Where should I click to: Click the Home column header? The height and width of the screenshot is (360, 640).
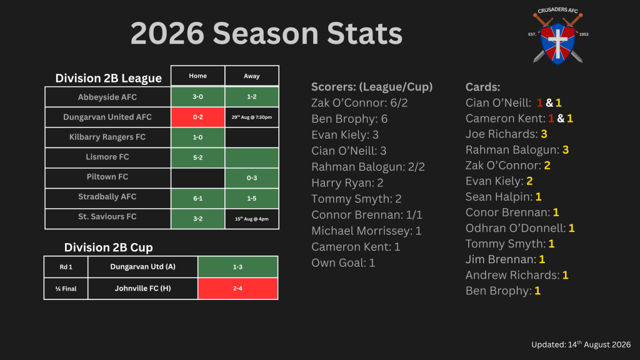pyautogui.click(x=198, y=76)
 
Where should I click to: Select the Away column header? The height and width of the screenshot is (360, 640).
pyautogui.click(x=252, y=76)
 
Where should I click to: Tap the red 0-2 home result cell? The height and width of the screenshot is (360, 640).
pyautogui.click(x=198, y=117)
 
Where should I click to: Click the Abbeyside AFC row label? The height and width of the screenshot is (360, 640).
pyautogui.click(x=107, y=97)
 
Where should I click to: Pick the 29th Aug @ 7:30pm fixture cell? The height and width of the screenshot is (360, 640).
pyautogui.click(x=252, y=117)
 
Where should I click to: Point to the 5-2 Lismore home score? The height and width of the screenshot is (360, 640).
pyautogui.click(x=198, y=157)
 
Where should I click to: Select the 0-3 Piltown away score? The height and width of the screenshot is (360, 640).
pyautogui.click(x=252, y=178)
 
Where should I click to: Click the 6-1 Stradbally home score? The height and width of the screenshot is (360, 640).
pyautogui.click(x=198, y=198)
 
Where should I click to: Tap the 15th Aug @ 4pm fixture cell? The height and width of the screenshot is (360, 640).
pyautogui.click(x=252, y=219)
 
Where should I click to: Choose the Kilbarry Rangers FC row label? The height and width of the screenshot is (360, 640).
pyautogui.click(x=107, y=137)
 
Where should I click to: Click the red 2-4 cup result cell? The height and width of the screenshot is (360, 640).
pyautogui.click(x=237, y=289)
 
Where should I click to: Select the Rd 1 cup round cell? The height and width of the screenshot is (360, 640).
pyautogui.click(x=66, y=267)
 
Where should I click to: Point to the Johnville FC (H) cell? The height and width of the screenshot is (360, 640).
pyautogui.click(x=143, y=289)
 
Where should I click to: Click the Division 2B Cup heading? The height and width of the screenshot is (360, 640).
pyautogui.click(x=109, y=247)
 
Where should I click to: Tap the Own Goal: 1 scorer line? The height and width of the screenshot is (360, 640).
pyautogui.click(x=343, y=263)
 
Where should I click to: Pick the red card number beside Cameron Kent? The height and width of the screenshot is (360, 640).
pyautogui.click(x=551, y=118)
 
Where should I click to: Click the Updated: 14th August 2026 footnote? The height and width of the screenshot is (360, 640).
pyautogui.click(x=581, y=344)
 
